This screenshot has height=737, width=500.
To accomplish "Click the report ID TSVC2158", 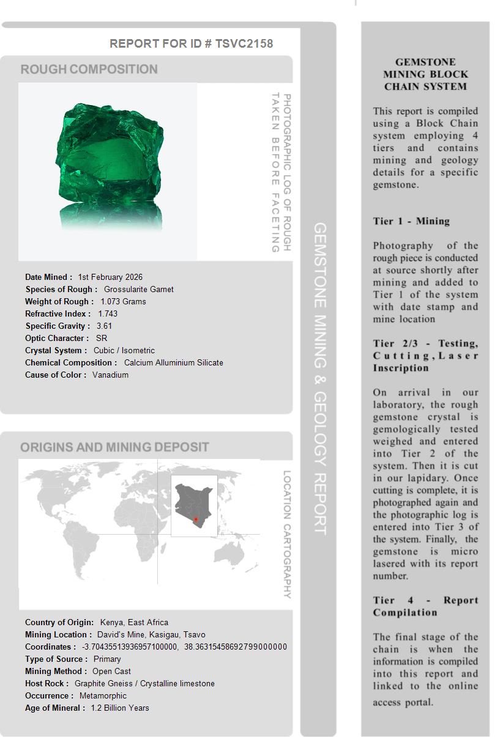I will click(244, 43).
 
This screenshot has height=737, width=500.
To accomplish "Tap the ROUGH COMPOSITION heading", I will click(89, 69).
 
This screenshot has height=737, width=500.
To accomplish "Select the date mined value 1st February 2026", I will click(110, 277).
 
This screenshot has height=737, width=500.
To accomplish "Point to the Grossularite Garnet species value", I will click(139, 289).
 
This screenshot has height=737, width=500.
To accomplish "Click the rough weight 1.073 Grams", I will click(123, 301).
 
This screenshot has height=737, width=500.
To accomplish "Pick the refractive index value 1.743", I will click(108, 313).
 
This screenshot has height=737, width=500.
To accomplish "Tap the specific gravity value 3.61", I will click(105, 326).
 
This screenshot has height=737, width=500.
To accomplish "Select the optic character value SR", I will click(102, 338).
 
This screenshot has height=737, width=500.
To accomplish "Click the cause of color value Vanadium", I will click(111, 375).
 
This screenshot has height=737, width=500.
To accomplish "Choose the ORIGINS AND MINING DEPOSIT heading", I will click(114, 447).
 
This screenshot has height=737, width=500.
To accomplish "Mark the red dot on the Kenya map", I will click(196, 519).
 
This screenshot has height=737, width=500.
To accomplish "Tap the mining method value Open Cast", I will click(112, 671).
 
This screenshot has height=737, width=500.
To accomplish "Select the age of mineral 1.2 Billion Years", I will click(120, 708).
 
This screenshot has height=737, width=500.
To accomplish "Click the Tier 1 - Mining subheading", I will click(411, 221).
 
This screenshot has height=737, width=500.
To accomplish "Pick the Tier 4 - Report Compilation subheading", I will click(425, 606).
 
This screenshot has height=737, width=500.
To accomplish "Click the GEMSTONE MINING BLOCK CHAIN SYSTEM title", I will click(425, 74).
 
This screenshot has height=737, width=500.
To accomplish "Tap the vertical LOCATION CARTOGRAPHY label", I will click(286, 534).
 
